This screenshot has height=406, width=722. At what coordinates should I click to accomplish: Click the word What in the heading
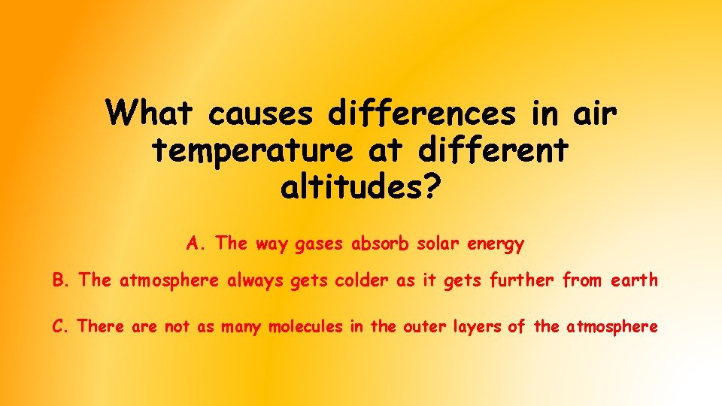(150, 114)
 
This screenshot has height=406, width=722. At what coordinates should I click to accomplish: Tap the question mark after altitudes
(429, 187)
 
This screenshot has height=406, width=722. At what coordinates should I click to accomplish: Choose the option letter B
(59, 281)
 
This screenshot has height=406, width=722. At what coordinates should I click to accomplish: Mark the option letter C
(59, 327)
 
